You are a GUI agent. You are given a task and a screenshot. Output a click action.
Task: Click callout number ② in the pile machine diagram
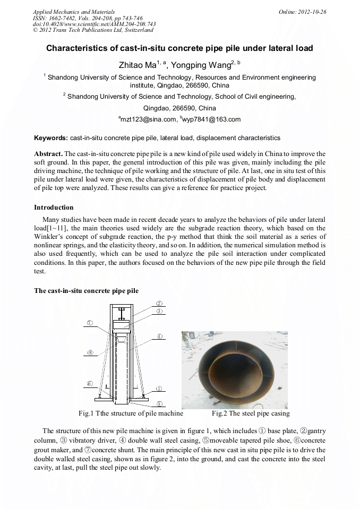(159, 304)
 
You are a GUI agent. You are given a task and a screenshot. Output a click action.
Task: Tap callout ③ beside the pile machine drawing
(159, 311)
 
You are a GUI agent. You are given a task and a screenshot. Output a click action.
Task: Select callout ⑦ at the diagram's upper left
(90, 322)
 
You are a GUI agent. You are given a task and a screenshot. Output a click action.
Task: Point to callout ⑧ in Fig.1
(90, 352)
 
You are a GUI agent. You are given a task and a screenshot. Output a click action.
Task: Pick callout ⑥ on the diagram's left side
(90, 383)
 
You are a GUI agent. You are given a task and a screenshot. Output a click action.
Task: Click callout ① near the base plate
(159, 389)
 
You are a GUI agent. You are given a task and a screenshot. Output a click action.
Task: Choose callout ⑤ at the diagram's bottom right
(159, 403)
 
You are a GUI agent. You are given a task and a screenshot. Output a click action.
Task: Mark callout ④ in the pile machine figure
(159, 335)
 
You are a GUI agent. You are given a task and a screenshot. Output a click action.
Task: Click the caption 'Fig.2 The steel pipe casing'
(251, 413)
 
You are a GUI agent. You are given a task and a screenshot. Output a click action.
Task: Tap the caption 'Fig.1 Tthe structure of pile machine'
(131, 413)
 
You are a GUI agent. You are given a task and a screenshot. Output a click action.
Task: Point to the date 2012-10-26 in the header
(312, 12)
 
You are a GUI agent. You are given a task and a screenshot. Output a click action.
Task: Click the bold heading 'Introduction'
(54, 207)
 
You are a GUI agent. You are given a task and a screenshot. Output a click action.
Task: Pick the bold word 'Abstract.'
(48, 153)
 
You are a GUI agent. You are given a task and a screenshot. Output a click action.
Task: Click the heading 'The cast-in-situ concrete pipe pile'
(86, 291)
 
